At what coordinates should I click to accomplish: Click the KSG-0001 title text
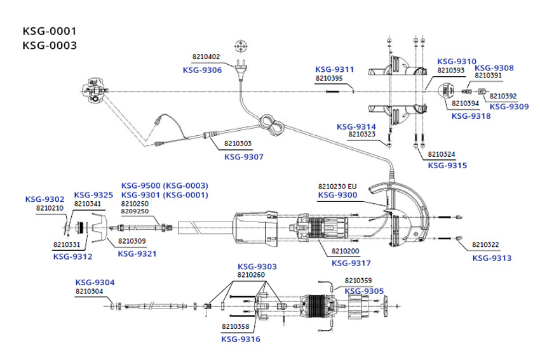50,30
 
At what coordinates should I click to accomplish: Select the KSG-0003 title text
50,45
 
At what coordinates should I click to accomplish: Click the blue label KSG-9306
202,70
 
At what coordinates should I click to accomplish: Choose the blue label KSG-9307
243,156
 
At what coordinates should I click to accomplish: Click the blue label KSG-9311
335,69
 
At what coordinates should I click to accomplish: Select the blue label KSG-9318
471,116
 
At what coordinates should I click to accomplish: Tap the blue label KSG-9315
447,165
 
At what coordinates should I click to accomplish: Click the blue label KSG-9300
337,195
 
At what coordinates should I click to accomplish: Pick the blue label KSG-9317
352,263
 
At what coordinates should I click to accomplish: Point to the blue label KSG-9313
491,258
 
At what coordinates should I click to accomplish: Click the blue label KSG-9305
364,291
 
